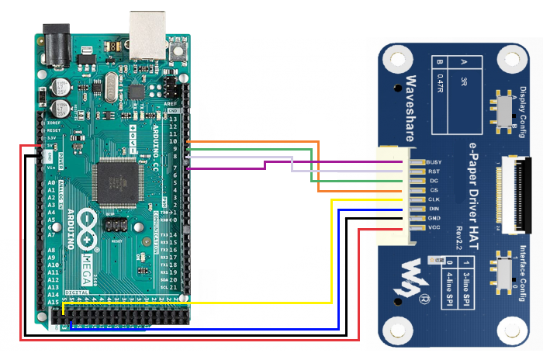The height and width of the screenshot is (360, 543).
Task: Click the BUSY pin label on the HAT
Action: pyautogui.click(x=434, y=163)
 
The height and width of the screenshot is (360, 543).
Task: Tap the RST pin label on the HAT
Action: pyautogui.click(x=434, y=172)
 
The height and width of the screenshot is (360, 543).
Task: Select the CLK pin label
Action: pyautogui.click(x=434, y=200)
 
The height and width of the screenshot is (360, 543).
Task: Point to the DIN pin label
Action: pyautogui.click(x=434, y=209)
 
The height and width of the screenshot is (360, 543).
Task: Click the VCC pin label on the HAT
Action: pyautogui.click(x=434, y=228)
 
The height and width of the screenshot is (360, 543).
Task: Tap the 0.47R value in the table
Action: pyautogui.click(x=440, y=83)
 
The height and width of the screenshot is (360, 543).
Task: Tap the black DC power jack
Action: pyautogui.click(x=54, y=39)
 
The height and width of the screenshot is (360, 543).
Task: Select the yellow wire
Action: pyautogui.click(x=332, y=248)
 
